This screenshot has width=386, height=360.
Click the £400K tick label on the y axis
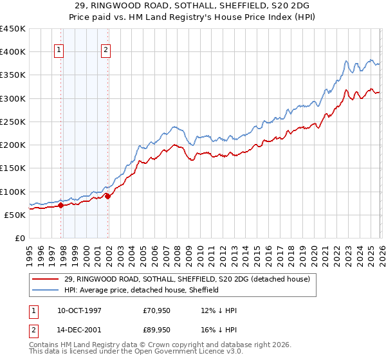[x=13, y=52]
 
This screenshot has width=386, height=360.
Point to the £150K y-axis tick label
[x=13, y=168]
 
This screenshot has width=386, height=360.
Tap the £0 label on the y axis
[x=19, y=239]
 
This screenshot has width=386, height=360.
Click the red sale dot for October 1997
[x=60, y=206]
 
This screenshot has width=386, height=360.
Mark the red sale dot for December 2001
[x=107, y=197]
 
